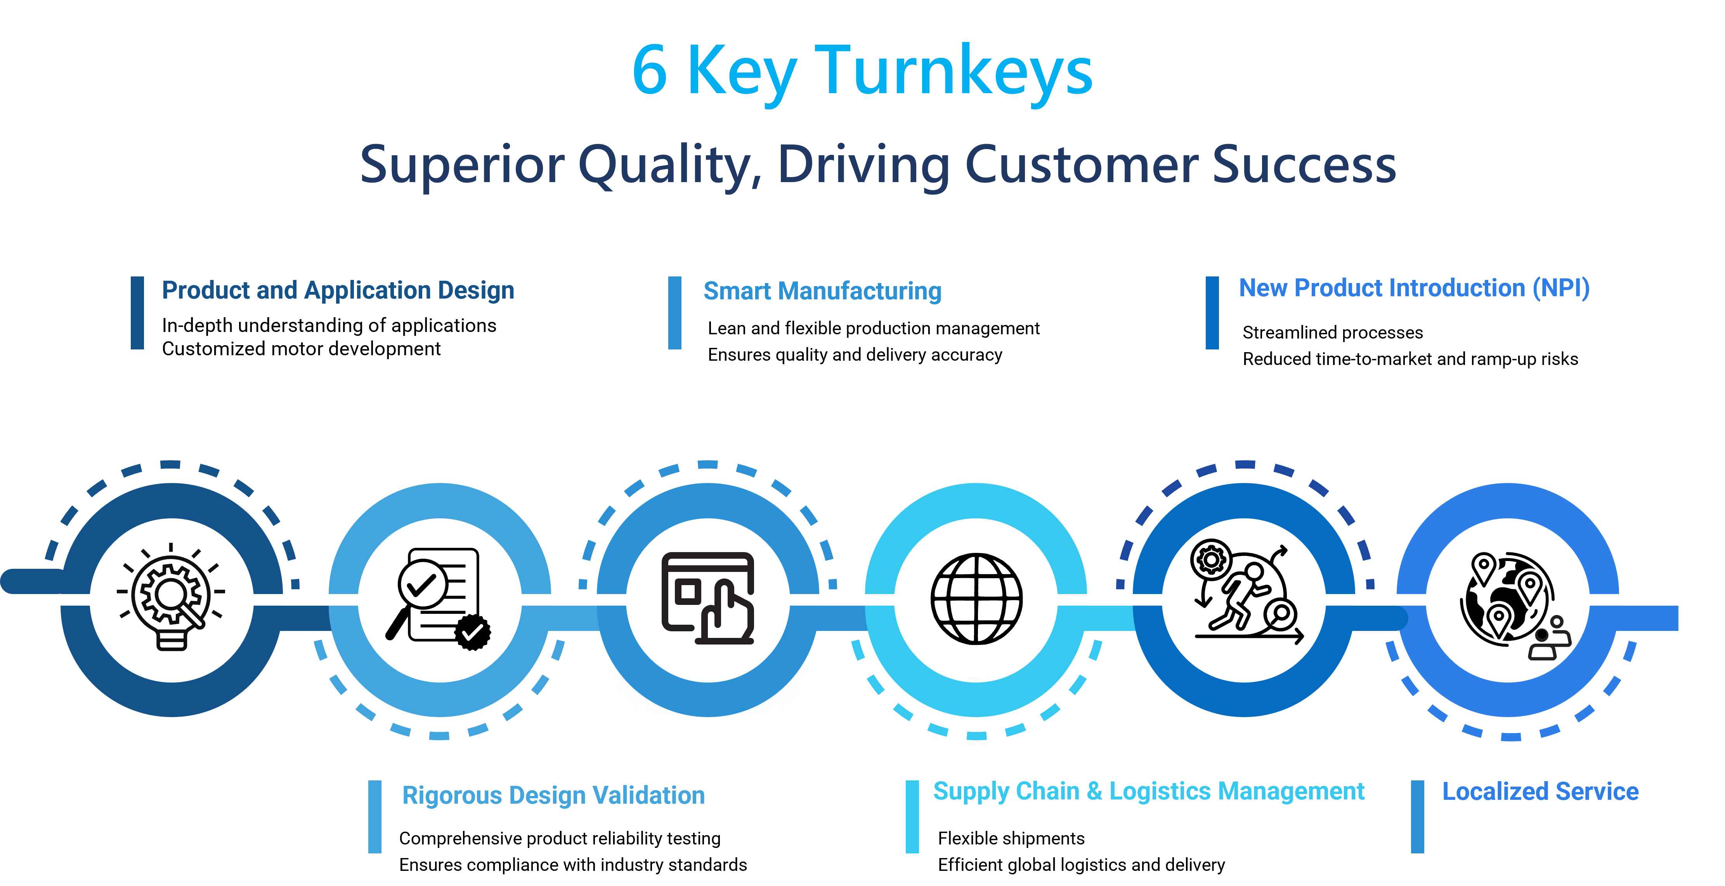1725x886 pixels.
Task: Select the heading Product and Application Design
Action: click(338, 290)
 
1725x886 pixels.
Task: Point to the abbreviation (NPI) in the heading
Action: click(1560, 288)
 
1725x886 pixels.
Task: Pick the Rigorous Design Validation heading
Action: click(553, 796)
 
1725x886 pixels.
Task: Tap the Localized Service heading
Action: click(1540, 792)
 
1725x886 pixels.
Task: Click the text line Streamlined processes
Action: click(1333, 332)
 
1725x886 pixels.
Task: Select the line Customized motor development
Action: click(301, 349)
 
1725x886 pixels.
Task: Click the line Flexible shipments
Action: click(1011, 838)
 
